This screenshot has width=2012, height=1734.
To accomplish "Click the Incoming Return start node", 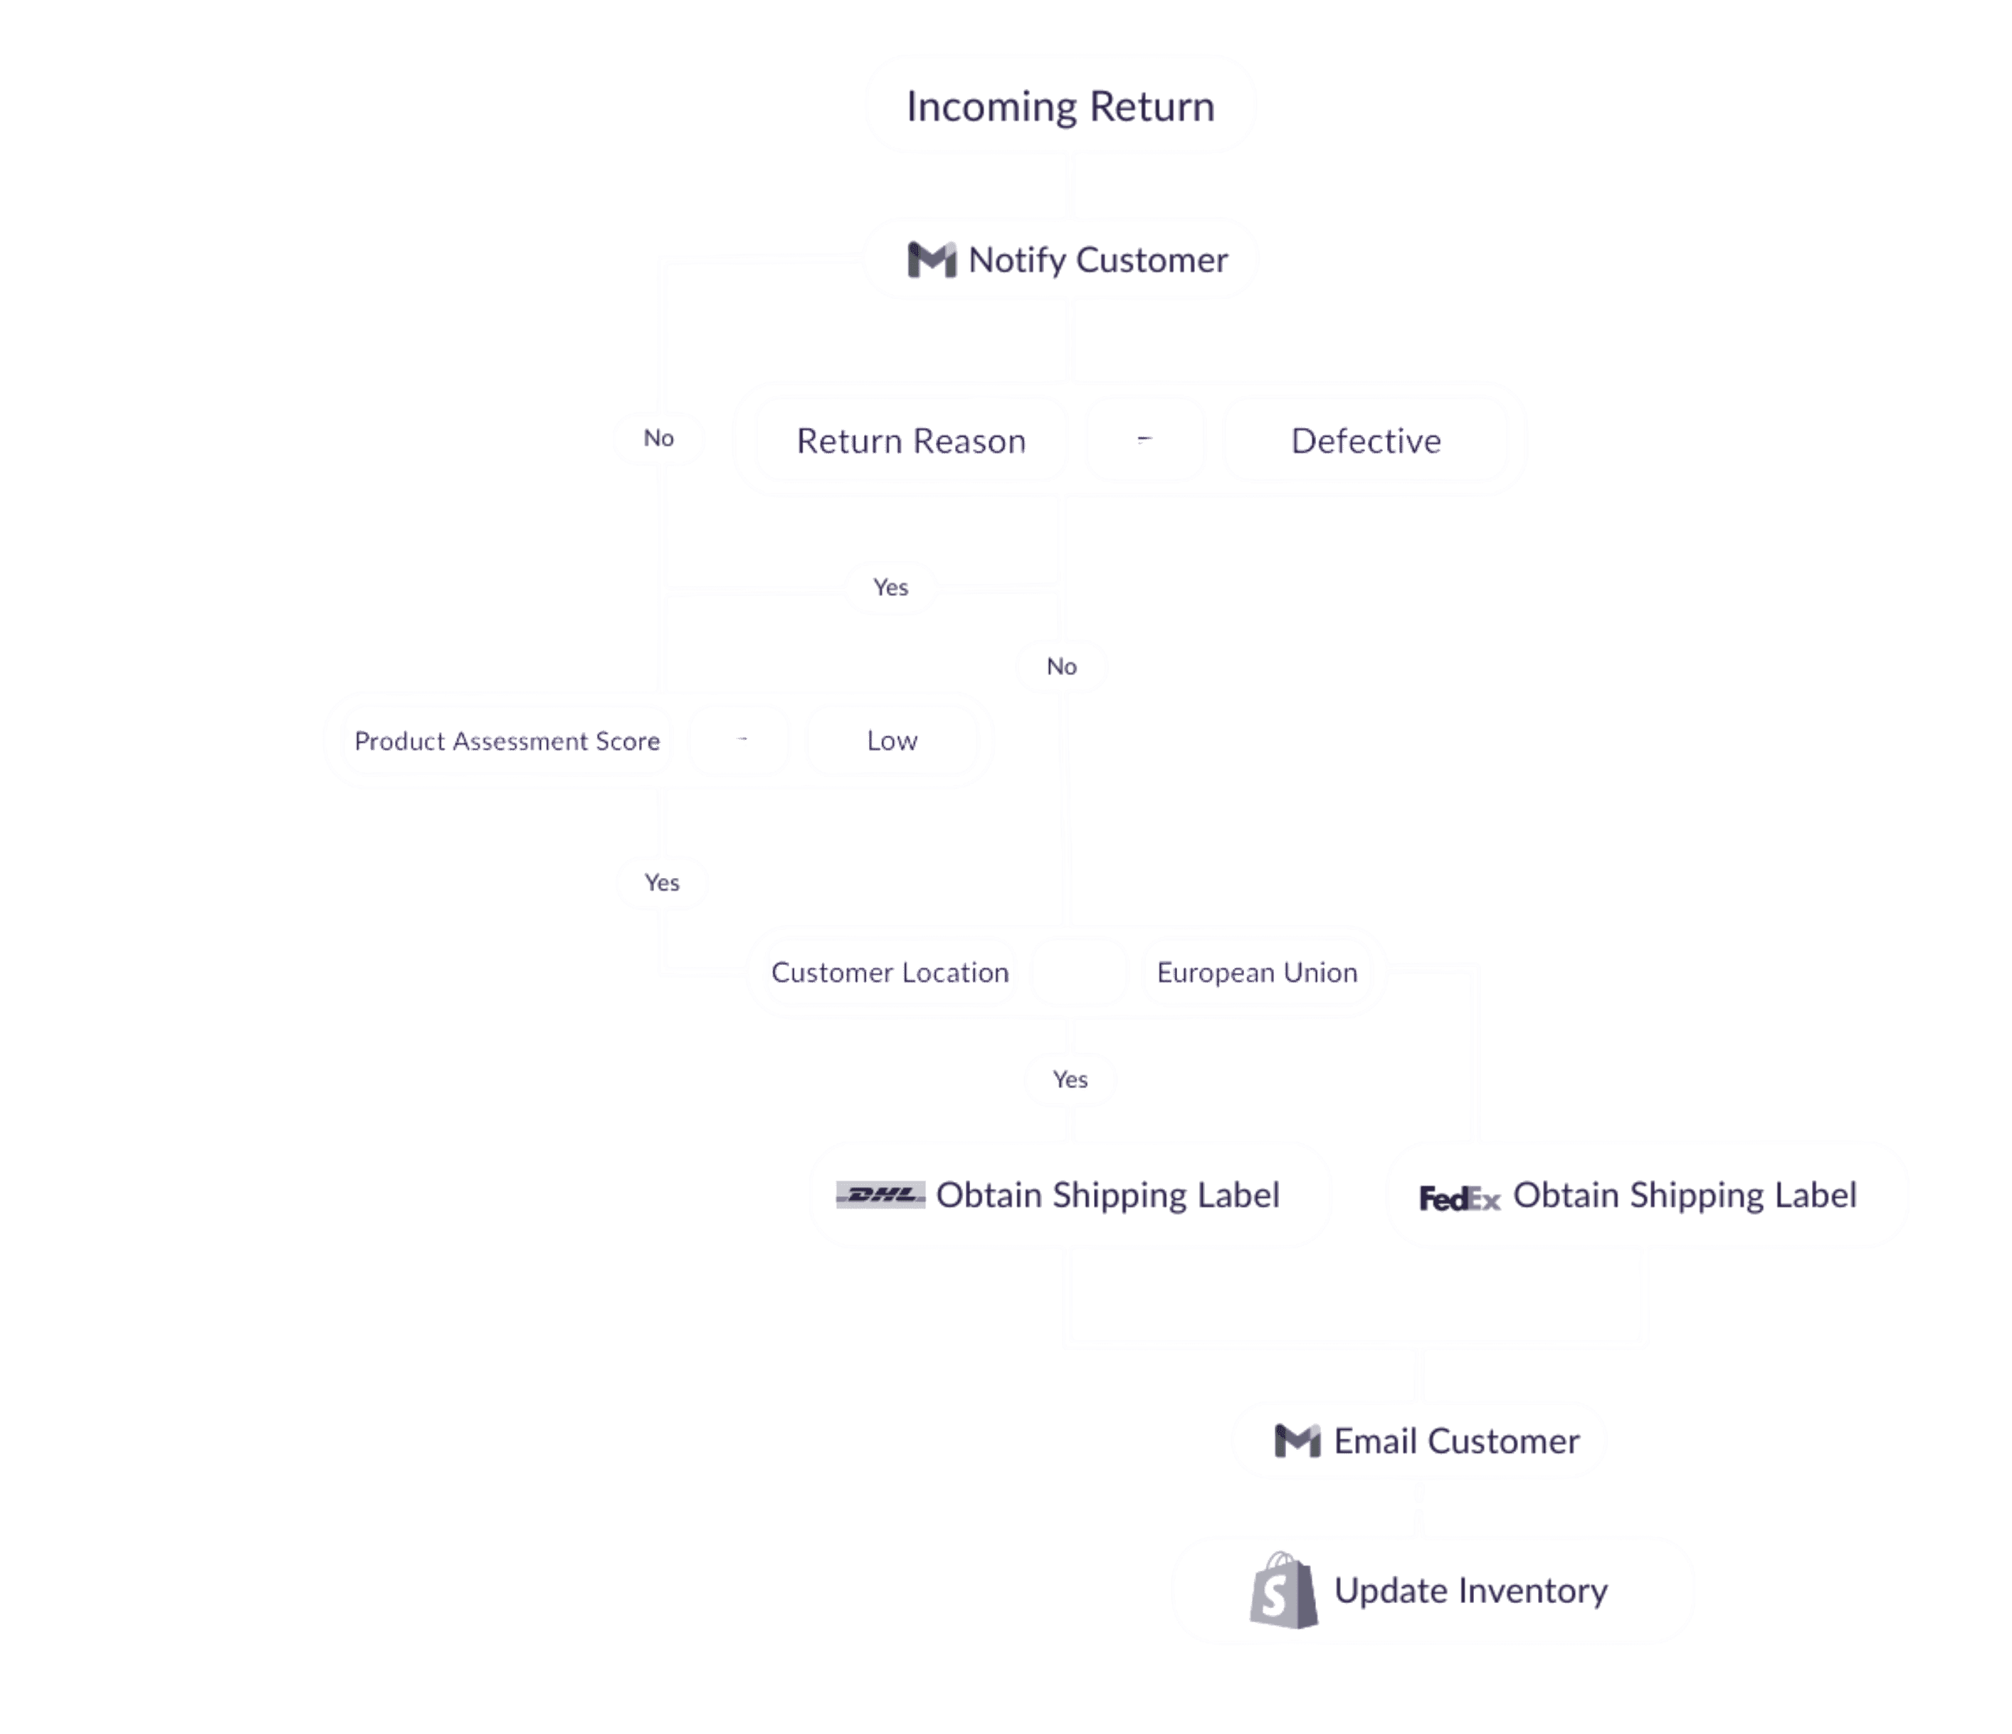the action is pos(1060,105).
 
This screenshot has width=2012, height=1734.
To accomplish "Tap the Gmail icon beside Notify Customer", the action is pos(931,259).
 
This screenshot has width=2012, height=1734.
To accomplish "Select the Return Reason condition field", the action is pos(911,440).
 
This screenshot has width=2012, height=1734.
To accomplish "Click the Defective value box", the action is pos(1365,440).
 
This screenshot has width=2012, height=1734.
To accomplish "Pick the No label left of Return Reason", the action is pos(658,438).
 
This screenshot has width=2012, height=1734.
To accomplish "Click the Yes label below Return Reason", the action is pos(890,587).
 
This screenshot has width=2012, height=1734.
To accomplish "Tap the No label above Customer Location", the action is pos(1061,667).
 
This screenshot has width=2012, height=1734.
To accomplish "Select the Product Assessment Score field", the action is pos(507,740).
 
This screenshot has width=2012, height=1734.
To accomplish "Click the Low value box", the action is pos(892,740).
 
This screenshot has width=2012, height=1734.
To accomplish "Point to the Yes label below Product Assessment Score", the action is pos(663,882).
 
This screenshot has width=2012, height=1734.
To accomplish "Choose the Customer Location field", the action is pos(890,973).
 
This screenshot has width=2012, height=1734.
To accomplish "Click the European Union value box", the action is pos(1257,973).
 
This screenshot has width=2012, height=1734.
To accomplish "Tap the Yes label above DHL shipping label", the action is pos(1070,1080).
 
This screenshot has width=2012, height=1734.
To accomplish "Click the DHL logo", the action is pos(880,1195).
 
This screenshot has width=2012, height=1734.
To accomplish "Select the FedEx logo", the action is pos(1460,1198).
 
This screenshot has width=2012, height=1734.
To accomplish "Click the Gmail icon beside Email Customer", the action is pos(1297,1441).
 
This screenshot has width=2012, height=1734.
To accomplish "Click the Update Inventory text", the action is pos(1470,1590).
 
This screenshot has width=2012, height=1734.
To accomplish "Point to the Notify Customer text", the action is pos(1098,259).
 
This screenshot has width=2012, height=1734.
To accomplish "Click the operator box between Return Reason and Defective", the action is pos(1145,440).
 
